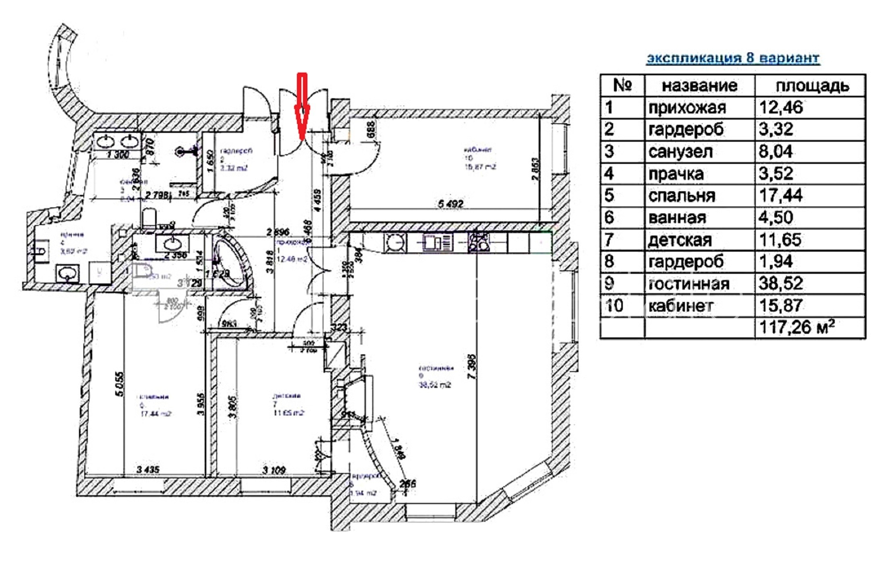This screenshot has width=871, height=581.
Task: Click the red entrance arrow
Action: (302, 107)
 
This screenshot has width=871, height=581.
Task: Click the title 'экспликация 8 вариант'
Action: (733, 58)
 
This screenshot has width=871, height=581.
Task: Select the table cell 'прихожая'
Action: (687, 108)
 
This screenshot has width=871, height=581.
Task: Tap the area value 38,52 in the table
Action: (781, 283)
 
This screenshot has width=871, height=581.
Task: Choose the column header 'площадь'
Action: (812, 86)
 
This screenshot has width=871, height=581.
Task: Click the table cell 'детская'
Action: (680, 240)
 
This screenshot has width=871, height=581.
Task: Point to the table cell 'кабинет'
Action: (680, 306)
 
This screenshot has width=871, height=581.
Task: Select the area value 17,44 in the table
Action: (781, 196)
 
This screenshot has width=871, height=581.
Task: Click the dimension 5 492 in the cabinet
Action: (450, 204)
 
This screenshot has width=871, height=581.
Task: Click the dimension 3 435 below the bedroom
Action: (148, 469)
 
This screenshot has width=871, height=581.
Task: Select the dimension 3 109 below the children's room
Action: (274, 470)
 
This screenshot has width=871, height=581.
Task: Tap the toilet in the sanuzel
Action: (149, 218)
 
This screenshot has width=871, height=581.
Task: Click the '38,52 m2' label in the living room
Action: (435, 385)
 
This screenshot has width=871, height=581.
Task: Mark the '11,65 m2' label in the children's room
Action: (288, 413)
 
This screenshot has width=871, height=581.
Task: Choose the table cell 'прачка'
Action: (676, 174)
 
